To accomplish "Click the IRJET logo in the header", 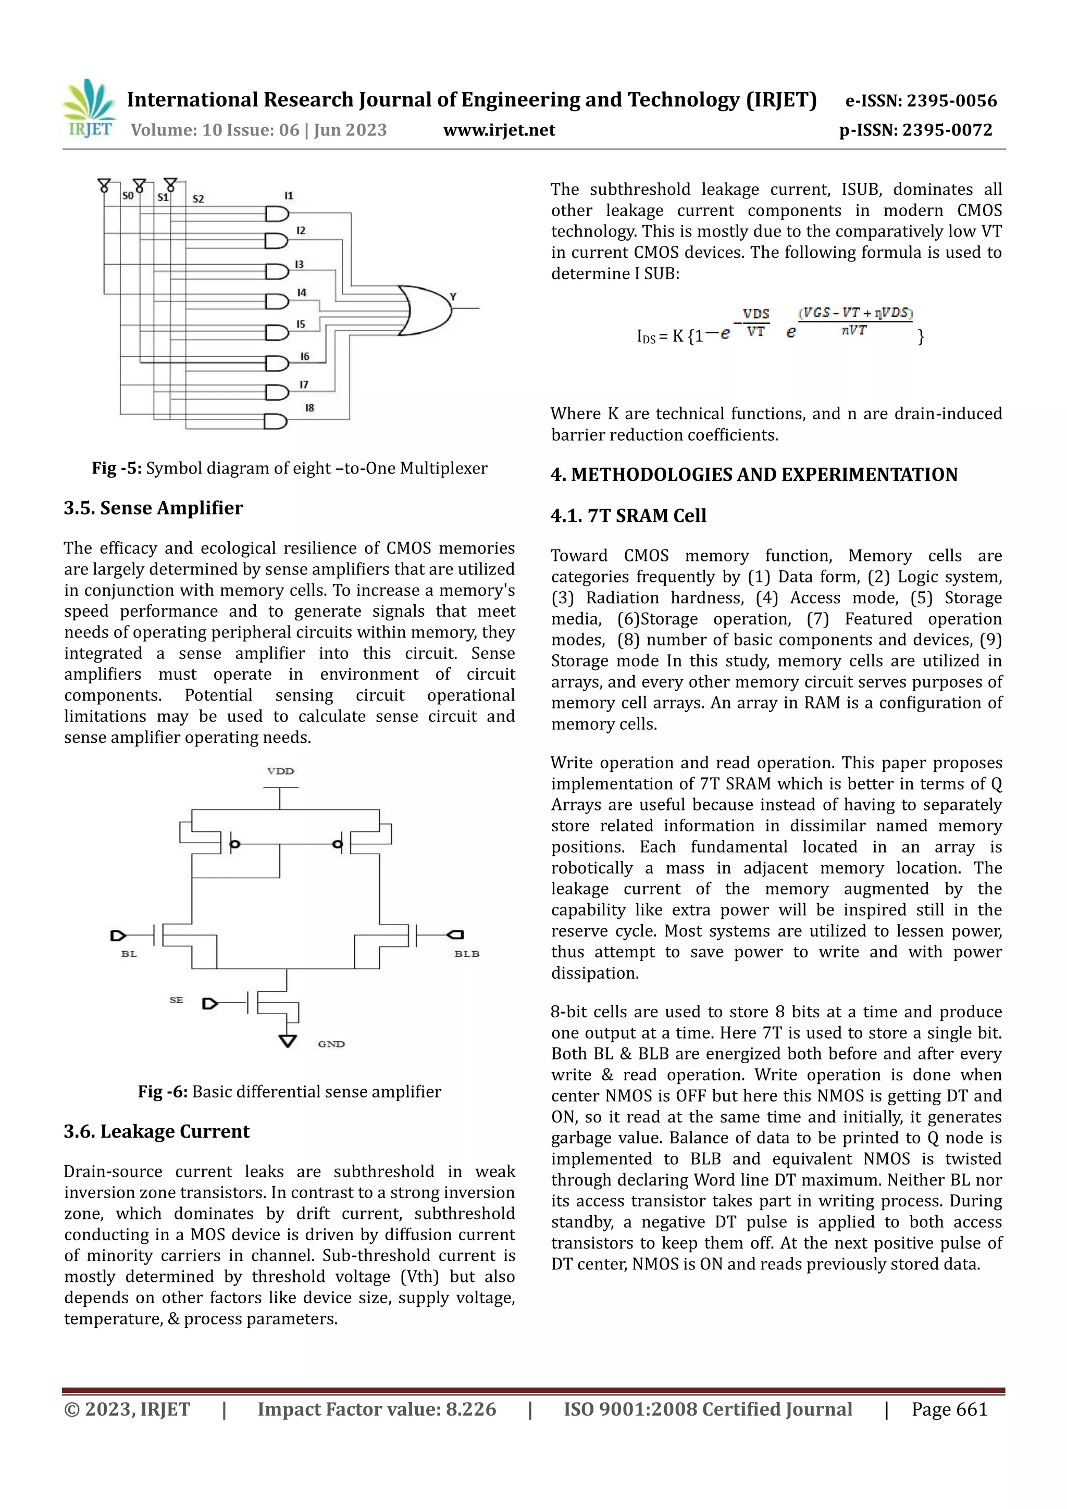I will (89, 108).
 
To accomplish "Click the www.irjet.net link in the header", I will (499, 130).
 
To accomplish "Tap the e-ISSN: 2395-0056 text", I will (921, 101).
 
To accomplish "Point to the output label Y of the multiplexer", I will (453, 296).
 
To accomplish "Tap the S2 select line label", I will (198, 198).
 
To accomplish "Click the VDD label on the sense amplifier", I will (280, 771).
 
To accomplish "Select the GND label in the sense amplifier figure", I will (331, 1044).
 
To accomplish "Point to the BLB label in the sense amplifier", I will (466, 954).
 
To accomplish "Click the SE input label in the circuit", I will (176, 1000).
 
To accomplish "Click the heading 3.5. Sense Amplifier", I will (153, 508).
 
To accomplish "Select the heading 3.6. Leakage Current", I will (156, 1131).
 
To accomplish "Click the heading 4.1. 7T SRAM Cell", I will (628, 515).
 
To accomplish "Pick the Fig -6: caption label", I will (163, 1092).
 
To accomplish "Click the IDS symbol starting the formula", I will (646, 337).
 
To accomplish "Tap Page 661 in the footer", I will (949, 1409).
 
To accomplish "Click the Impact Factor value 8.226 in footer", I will (376, 1409).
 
